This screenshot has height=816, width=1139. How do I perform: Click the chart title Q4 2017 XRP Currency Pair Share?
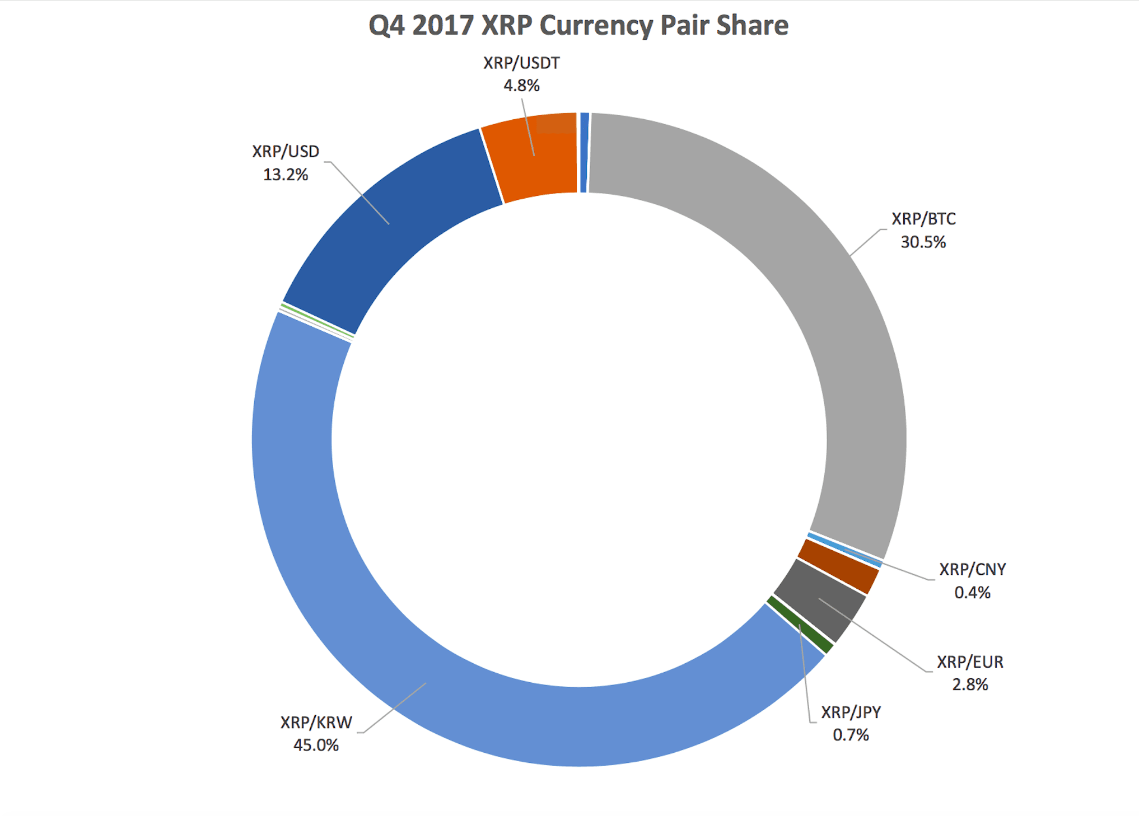(x=578, y=26)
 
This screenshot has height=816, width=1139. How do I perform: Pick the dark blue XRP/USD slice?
(x=392, y=224)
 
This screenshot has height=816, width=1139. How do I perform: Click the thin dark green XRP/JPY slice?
(x=800, y=623)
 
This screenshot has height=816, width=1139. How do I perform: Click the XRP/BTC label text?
(x=923, y=219)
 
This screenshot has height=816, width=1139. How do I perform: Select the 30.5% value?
(x=923, y=242)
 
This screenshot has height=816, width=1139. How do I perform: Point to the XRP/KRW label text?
(x=316, y=723)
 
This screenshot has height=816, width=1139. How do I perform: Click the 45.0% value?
(x=316, y=745)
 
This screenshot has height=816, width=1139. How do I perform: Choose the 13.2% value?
(x=286, y=175)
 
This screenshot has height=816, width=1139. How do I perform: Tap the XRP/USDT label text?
(x=521, y=63)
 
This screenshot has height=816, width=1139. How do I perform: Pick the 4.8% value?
(x=521, y=86)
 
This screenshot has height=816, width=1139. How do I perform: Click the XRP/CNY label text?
(x=973, y=569)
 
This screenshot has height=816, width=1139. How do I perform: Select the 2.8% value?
(x=970, y=684)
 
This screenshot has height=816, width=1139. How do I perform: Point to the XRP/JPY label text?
(x=851, y=712)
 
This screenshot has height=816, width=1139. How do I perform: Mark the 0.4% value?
(x=972, y=592)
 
